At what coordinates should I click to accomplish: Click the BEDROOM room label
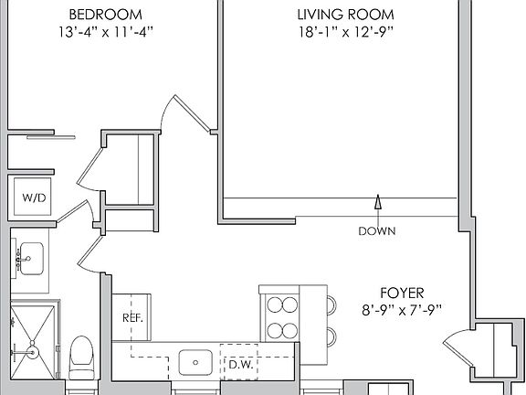(x=105, y=15)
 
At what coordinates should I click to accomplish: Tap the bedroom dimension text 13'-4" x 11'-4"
(x=106, y=33)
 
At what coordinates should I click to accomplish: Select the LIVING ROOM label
(x=346, y=15)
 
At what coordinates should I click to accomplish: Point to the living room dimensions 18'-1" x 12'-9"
(x=346, y=33)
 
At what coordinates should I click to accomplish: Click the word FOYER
(x=402, y=294)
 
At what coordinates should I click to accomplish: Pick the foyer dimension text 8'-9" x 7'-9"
(x=402, y=310)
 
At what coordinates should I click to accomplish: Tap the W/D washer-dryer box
(x=33, y=197)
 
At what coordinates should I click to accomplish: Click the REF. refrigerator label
(x=132, y=318)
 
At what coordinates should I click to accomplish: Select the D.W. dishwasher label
(x=241, y=365)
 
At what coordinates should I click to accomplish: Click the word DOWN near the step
(x=377, y=231)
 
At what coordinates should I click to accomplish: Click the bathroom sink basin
(x=31, y=259)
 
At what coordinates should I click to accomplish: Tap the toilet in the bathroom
(x=81, y=358)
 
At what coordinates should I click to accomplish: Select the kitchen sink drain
(x=195, y=362)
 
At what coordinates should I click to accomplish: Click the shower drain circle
(x=33, y=352)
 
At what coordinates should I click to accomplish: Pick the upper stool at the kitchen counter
(x=331, y=305)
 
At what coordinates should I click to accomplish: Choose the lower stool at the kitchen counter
(x=331, y=336)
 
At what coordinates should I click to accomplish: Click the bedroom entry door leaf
(x=192, y=112)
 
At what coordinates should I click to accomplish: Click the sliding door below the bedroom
(x=51, y=137)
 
